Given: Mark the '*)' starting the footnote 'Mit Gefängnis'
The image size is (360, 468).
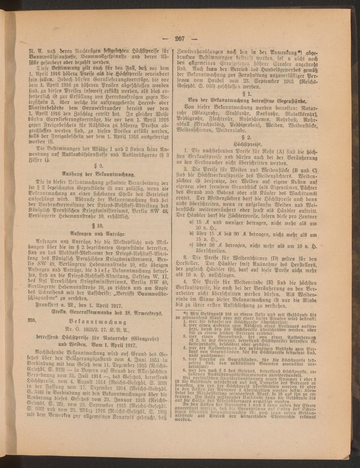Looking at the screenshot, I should coord(186,313).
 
